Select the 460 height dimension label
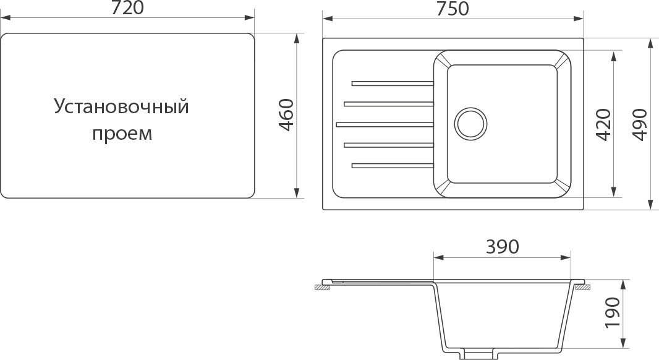(x=285, y=115)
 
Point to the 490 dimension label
(x=639, y=124)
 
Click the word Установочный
(x=121, y=107)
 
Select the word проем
(x=122, y=134)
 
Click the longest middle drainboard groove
(x=385, y=124)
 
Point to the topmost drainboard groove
(x=392, y=83)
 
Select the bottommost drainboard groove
(x=392, y=165)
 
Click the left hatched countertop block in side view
(x=322, y=287)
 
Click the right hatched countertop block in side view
(x=582, y=287)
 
